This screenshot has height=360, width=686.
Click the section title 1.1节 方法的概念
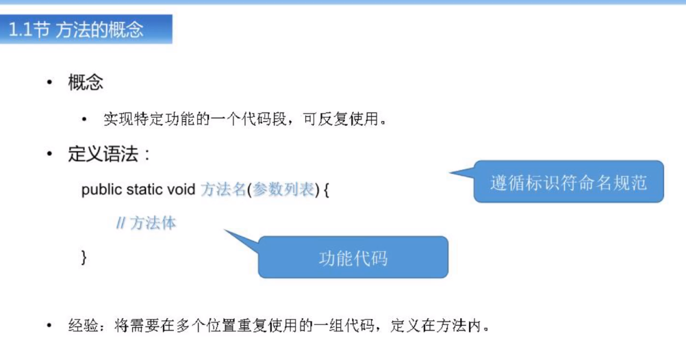coord(76,29)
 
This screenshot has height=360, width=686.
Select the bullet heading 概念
coord(86,82)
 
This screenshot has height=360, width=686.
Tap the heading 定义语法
coord(103,154)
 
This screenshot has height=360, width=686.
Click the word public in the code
coord(101,190)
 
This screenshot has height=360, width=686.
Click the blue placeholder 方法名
coord(224,190)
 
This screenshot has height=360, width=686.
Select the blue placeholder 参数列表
coord(283,190)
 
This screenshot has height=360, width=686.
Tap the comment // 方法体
coord(146,223)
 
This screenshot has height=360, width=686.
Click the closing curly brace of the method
coord(84,257)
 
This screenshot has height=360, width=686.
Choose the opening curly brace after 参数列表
coord(326,190)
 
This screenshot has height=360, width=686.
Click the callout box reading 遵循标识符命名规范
coord(568,181)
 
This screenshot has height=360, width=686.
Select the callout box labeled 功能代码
coord(353,257)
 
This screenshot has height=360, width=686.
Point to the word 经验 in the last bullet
coord(83,326)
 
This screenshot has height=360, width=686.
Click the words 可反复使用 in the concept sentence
coord(340,119)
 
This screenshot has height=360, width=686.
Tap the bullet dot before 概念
coord(49,82)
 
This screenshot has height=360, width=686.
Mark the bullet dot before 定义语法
coord(49,153)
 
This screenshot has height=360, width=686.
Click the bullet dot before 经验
coord(49,325)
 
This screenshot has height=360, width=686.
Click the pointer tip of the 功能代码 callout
coord(225,230)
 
